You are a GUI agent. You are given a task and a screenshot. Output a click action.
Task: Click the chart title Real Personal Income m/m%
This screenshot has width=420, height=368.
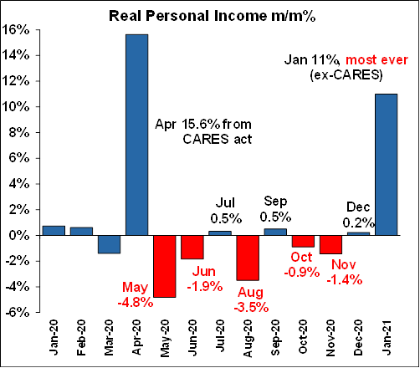[212, 16]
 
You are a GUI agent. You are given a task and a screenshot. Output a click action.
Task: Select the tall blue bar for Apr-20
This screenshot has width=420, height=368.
[137, 135]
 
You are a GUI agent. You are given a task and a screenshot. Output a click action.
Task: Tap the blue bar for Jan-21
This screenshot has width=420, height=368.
[387, 165]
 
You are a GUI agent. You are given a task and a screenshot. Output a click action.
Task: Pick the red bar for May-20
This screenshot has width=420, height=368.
[165, 267]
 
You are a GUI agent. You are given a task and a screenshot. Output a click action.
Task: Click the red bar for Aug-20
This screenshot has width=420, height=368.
[248, 258]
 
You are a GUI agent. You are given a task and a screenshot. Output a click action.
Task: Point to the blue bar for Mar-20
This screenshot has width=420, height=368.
[109, 244]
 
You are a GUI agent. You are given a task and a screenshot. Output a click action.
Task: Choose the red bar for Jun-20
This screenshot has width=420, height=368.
[192, 248]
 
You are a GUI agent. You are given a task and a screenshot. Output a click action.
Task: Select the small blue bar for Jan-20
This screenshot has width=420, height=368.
[54, 231]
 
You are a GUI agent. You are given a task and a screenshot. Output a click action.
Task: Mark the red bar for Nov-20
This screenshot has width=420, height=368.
[330, 245]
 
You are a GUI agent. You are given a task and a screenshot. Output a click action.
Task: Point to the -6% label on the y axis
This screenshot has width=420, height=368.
[18, 313]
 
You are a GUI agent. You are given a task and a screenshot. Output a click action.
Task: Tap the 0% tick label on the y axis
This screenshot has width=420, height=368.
[19, 236]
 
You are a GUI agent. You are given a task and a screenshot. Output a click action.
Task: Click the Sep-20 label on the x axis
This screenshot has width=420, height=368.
[275, 338]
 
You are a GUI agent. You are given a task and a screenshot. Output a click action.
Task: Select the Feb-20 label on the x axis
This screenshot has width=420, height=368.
[81, 338]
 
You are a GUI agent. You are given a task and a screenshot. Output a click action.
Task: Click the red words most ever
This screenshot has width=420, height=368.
[376, 60]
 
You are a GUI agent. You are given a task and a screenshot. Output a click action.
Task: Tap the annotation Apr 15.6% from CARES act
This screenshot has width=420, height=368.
[203, 131]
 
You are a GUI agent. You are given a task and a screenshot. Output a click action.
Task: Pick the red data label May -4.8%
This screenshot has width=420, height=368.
[136, 294]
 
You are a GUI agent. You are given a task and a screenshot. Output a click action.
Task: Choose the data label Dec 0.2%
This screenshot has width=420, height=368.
[358, 215]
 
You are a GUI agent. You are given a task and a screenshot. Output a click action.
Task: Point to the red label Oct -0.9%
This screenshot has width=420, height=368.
[302, 264]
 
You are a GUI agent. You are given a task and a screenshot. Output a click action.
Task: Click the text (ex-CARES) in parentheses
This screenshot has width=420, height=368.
[346, 75]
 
